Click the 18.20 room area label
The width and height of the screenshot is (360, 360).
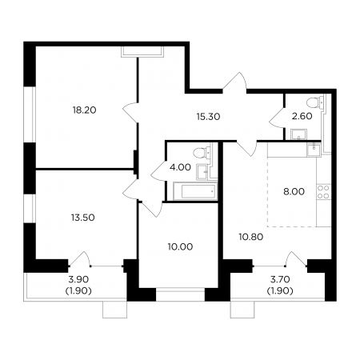pyautogui.click(x=84, y=110)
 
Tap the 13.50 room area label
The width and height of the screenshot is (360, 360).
pyautogui.click(x=83, y=218)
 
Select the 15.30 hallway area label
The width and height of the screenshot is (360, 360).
pyautogui.click(x=208, y=117)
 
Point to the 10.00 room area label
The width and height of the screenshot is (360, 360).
pyautogui.click(x=181, y=246)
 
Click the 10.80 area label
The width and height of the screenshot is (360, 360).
pyautogui.click(x=251, y=237)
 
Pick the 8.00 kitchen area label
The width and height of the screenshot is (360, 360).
pyautogui.click(x=294, y=191)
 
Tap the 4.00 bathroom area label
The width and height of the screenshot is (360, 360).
pyautogui.click(x=180, y=167)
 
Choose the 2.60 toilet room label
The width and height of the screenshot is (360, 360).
pyautogui.click(x=302, y=116)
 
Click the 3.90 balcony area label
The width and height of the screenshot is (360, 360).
pyautogui.click(x=78, y=279)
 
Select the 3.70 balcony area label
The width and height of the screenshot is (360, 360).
pyautogui.click(x=280, y=279)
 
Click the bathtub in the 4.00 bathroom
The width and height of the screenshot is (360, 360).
pyautogui.click(x=195, y=191)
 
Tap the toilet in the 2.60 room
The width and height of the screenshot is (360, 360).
pyautogui.click(x=315, y=103)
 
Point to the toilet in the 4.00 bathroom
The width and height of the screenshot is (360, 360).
pyautogui.click(x=202, y=153)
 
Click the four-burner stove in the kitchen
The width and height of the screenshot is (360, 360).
pyautogui.click(x=323, y=192)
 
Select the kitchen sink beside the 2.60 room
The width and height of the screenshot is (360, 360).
pyautogui.click(x=314, y=150)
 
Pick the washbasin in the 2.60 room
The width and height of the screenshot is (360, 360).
pyautogui.click(x=299, y=134)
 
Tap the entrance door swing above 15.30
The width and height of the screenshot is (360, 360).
pyautogui.click(x=234, y=82)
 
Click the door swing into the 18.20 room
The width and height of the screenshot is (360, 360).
pyautogui.click(x=130, y=111)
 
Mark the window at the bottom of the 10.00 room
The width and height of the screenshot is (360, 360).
pyautogui.click(x=180, y=294)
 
